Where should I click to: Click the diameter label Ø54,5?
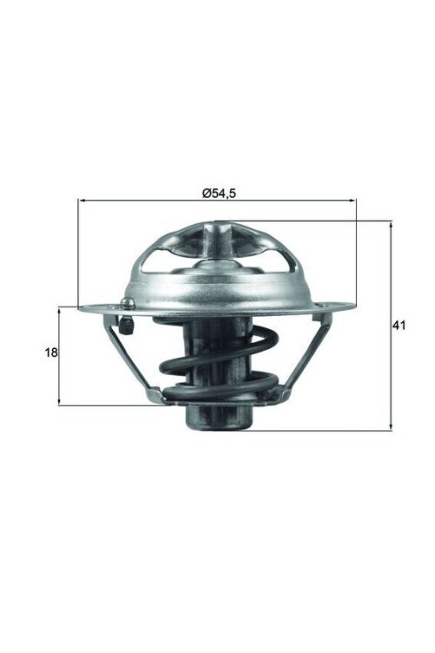coord(217,192)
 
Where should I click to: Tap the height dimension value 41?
coord(399,326)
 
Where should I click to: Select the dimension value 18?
coord(50,353)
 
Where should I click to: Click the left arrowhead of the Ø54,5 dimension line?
coord(82,201)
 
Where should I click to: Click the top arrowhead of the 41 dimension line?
coord(391,225)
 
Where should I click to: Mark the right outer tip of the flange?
coord(352,305)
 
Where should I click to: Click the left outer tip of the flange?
coord(81,307)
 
